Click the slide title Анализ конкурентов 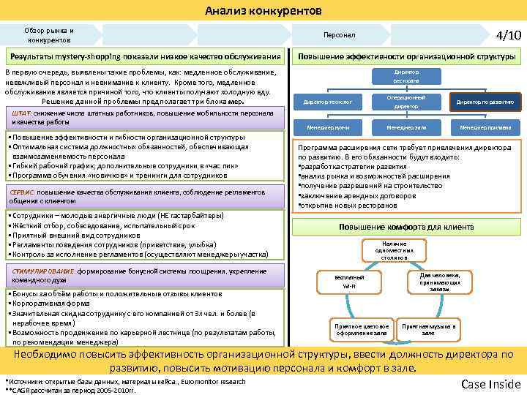pyautogui.click(x=263, y=10)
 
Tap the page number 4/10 pyautogui.click(x=508, y=35)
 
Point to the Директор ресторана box pyautogui.click(x=406, y=76)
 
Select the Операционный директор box pyautogui.click(x=406, y=102)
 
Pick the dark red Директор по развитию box pyautogui.click(x=485, y=102)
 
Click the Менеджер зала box pyautogui.click(x=406, y=128)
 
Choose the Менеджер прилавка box pyautogui.click(x=485, y=128)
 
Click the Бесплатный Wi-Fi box pyautogui.click(x=349, y=282)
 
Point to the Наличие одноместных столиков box pyautogui.click(x=394, y=251)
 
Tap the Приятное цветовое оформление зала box pyautogui.click(x=361, y=329)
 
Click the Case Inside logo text pyautogui.click(x=490, y=384)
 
